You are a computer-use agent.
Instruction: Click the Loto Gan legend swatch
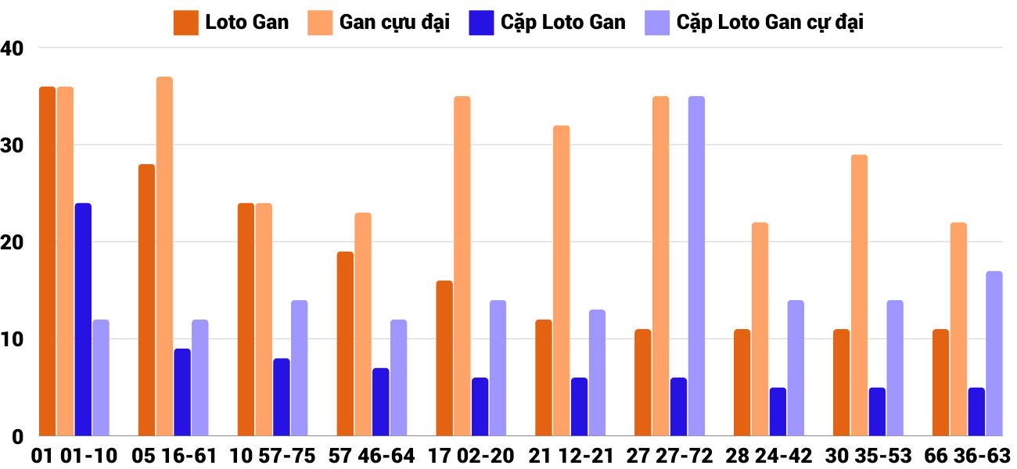click(185, 23)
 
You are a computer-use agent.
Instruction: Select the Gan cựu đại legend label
click(394, 23)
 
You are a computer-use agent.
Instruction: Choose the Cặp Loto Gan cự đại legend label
click(770, 23)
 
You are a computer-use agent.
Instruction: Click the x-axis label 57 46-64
click(372, 455)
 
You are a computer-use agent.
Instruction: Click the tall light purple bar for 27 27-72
click(696, 266)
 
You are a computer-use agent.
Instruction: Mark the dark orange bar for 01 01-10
click(47, 261)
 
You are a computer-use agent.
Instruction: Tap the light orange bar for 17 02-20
click(462, 266)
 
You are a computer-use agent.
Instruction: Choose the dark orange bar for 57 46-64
click(345, 343)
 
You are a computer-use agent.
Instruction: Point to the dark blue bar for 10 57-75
click(282, 396)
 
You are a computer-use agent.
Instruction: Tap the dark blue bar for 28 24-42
click(778, 411)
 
